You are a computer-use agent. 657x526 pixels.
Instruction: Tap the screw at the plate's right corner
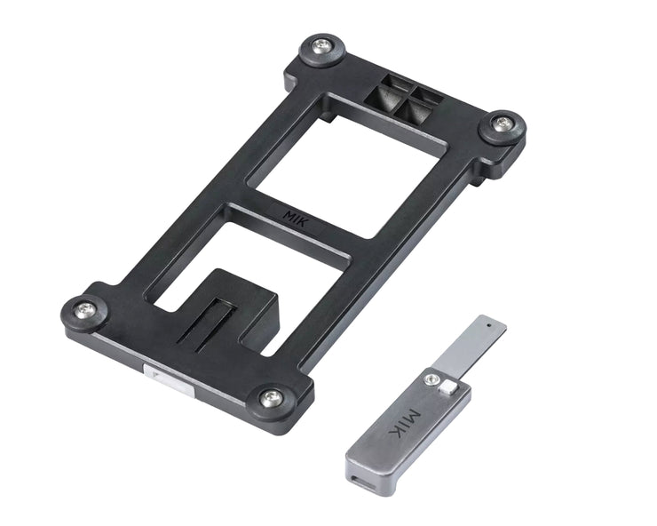point(503,124)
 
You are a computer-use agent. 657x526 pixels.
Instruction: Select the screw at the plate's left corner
point(86,310)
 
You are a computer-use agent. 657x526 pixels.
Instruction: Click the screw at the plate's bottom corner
point(271,398)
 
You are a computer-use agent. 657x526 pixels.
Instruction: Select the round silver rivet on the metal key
point(431,380)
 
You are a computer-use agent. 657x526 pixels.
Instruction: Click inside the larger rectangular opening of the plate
point(346,169)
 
